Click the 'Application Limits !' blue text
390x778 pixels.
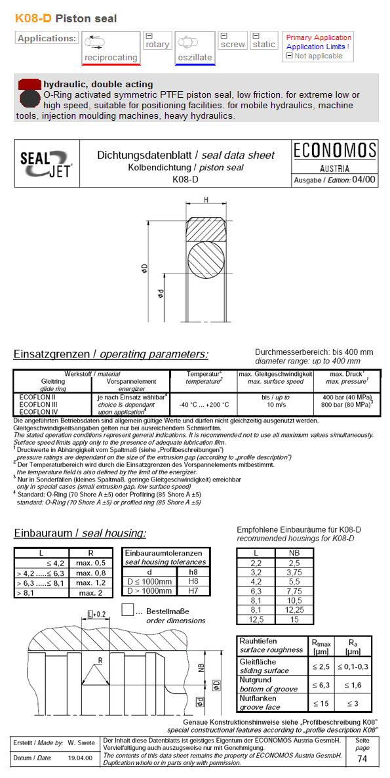pos(318,47)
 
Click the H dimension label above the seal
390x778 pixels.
pos(206,199)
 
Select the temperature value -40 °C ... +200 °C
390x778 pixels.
pos(204,405)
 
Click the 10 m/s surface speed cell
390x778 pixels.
pos(276,405)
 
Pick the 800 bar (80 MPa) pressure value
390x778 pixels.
pos(347,405)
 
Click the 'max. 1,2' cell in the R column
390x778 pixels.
pos(91,583)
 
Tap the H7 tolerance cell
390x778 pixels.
pos(193,590)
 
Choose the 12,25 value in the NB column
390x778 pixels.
pos(295,609)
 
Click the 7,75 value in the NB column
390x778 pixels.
pos(295,590)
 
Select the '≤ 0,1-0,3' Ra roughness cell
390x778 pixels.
pos(353,666)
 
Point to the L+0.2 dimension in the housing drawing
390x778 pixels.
pos(96,613)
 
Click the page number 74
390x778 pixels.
pos(362,759)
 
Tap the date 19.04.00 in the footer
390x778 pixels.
pos(81,758)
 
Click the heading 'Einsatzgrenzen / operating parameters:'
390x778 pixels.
pos(111,354)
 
